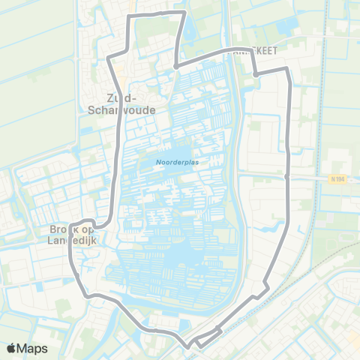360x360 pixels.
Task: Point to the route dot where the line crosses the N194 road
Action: (289, 177)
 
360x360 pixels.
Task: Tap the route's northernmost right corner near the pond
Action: (184, 13)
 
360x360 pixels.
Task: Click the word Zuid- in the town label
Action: (122, 97)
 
